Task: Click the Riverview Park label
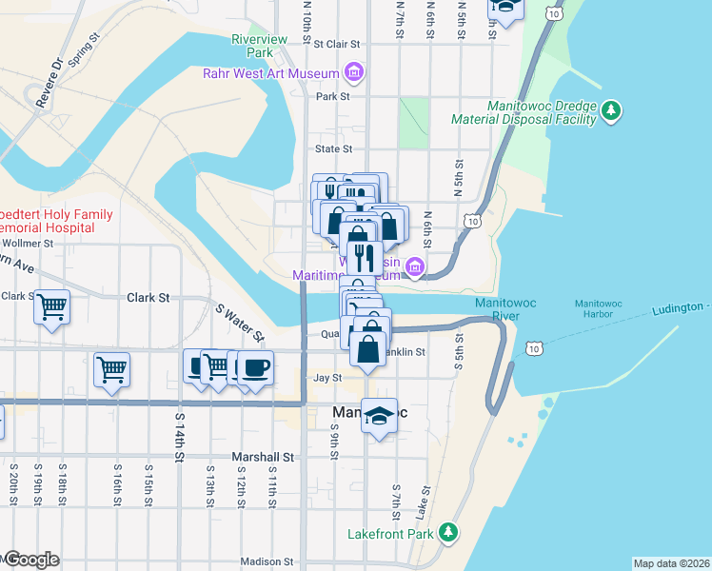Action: point(260,46)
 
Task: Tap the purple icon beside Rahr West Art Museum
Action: point(354,72)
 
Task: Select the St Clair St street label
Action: point(338,44)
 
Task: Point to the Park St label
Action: point(333,96)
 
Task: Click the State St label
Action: point(333,148)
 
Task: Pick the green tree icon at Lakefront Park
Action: point(445,533)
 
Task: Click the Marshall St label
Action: point(264,457)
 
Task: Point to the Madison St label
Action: point(267,561)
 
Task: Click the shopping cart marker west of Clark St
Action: point(52,307)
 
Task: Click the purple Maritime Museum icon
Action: point(414,269)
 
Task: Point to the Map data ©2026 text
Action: point(671,563)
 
